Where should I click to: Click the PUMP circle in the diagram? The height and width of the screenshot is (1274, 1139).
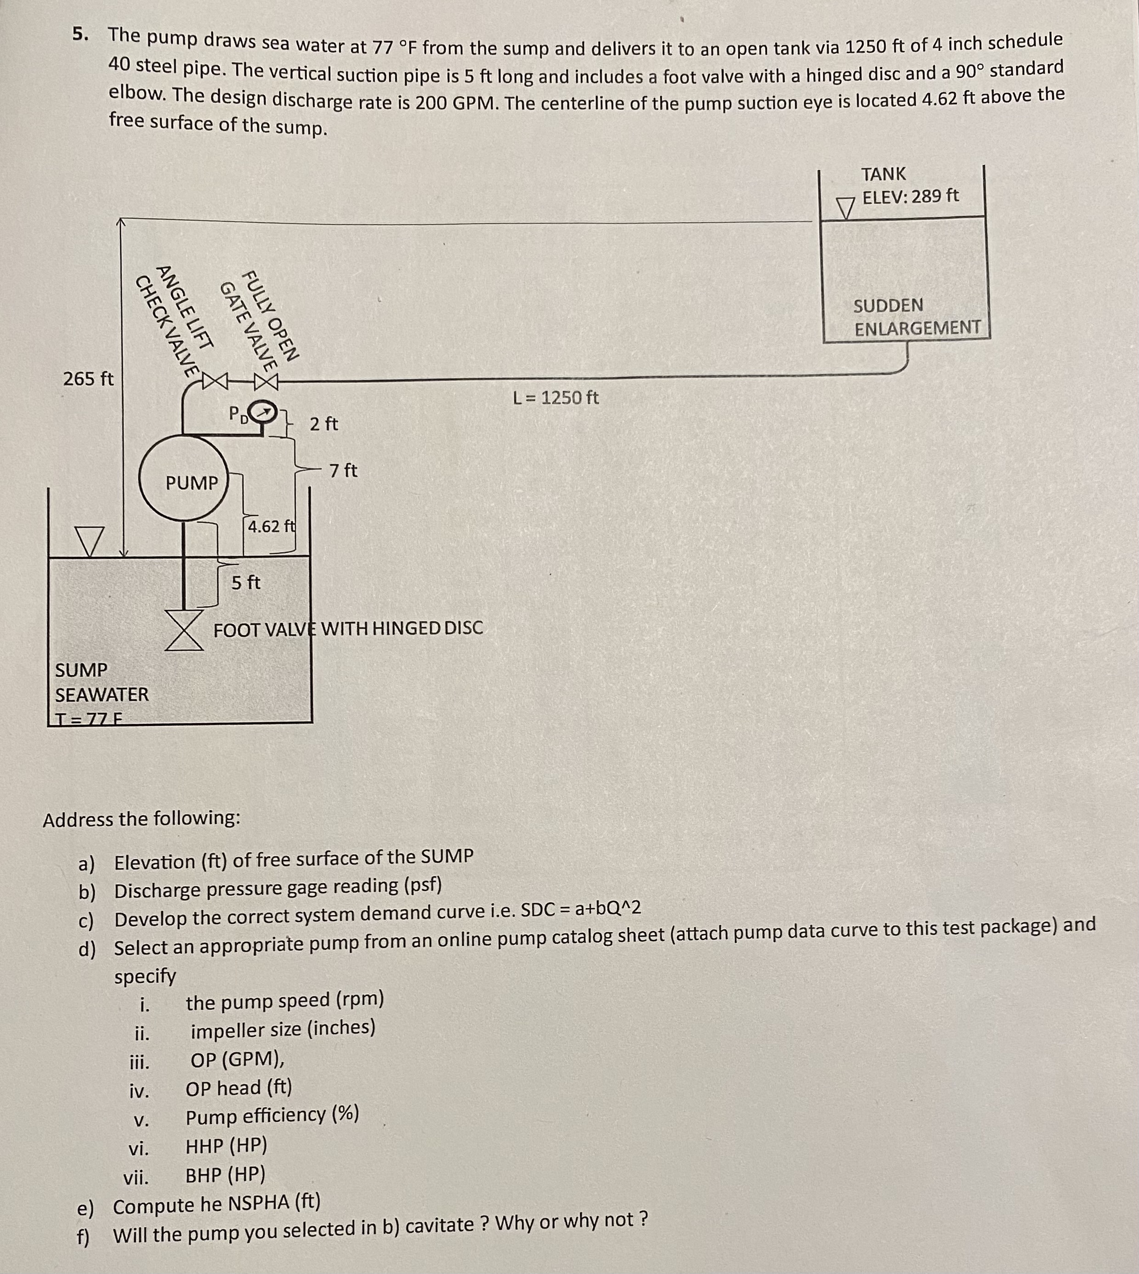[x=183, y=480]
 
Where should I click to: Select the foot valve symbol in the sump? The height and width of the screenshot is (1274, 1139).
[x=185, y=630]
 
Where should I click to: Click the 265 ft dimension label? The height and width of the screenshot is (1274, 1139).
[x=88, y=379]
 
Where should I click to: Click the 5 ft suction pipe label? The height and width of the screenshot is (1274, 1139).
[x=246, y=583]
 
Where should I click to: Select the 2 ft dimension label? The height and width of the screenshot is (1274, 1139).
[x=323, y=424]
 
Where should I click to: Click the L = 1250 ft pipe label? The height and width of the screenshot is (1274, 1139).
[x=556, y=397]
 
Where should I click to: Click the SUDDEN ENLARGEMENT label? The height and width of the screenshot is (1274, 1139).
[x=917, y=317]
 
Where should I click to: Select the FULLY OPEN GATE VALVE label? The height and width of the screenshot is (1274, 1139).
[x=260, y=319]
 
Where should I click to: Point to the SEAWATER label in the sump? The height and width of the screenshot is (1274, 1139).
[x=102, y=695]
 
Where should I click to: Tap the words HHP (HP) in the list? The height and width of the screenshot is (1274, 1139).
[x=226, y=1146]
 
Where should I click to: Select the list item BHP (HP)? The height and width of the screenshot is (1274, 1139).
[x=225, y=1174]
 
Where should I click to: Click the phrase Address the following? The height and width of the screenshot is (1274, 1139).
[x=142, y=818]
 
